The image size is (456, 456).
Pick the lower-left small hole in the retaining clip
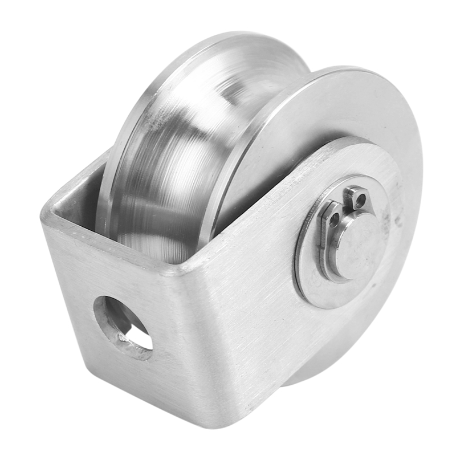[x=335, y=217]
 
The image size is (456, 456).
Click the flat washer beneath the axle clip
[x=311, y=274]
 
